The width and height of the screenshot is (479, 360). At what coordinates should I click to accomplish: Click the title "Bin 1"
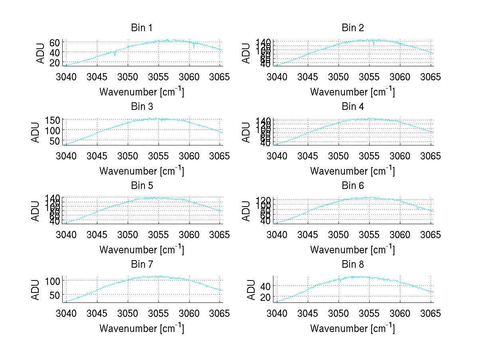pos(142,28)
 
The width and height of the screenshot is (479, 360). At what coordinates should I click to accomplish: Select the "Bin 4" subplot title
pos(353,107)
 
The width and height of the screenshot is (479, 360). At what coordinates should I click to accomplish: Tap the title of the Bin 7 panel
pos(142,265)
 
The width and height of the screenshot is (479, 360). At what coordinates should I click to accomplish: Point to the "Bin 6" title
pos(353,186)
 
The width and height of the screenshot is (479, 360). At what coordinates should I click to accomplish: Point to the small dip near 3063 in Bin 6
pos(417,208)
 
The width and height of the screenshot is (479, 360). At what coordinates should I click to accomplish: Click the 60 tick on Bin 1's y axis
pos(55,42)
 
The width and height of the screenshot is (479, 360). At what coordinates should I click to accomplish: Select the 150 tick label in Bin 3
pos(53,120)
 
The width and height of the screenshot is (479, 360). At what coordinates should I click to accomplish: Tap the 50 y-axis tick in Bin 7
pos(55,294)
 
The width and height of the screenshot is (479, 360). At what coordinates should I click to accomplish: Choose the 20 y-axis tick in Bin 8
pos(265,297)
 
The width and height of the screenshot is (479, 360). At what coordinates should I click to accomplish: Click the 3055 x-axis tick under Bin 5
pos(159,235)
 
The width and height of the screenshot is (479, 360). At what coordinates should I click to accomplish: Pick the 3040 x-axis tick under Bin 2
pos(277,77)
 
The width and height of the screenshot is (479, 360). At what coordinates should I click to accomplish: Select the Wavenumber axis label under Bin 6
pos(352,250)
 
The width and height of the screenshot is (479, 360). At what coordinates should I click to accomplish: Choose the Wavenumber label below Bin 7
pos(142,328)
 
